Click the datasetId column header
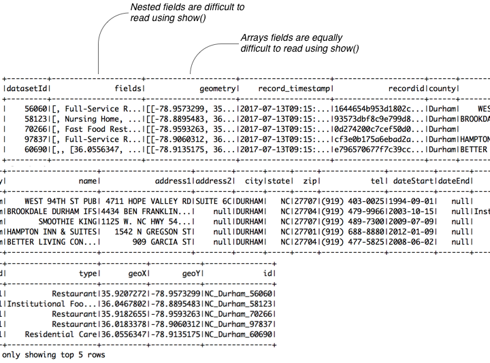coord(27,88)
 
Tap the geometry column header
coord(217,88)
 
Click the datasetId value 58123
coord(35,118)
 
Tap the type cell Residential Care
coord(61,334)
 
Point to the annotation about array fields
coord(299,44)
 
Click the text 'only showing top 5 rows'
coord(54,355)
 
